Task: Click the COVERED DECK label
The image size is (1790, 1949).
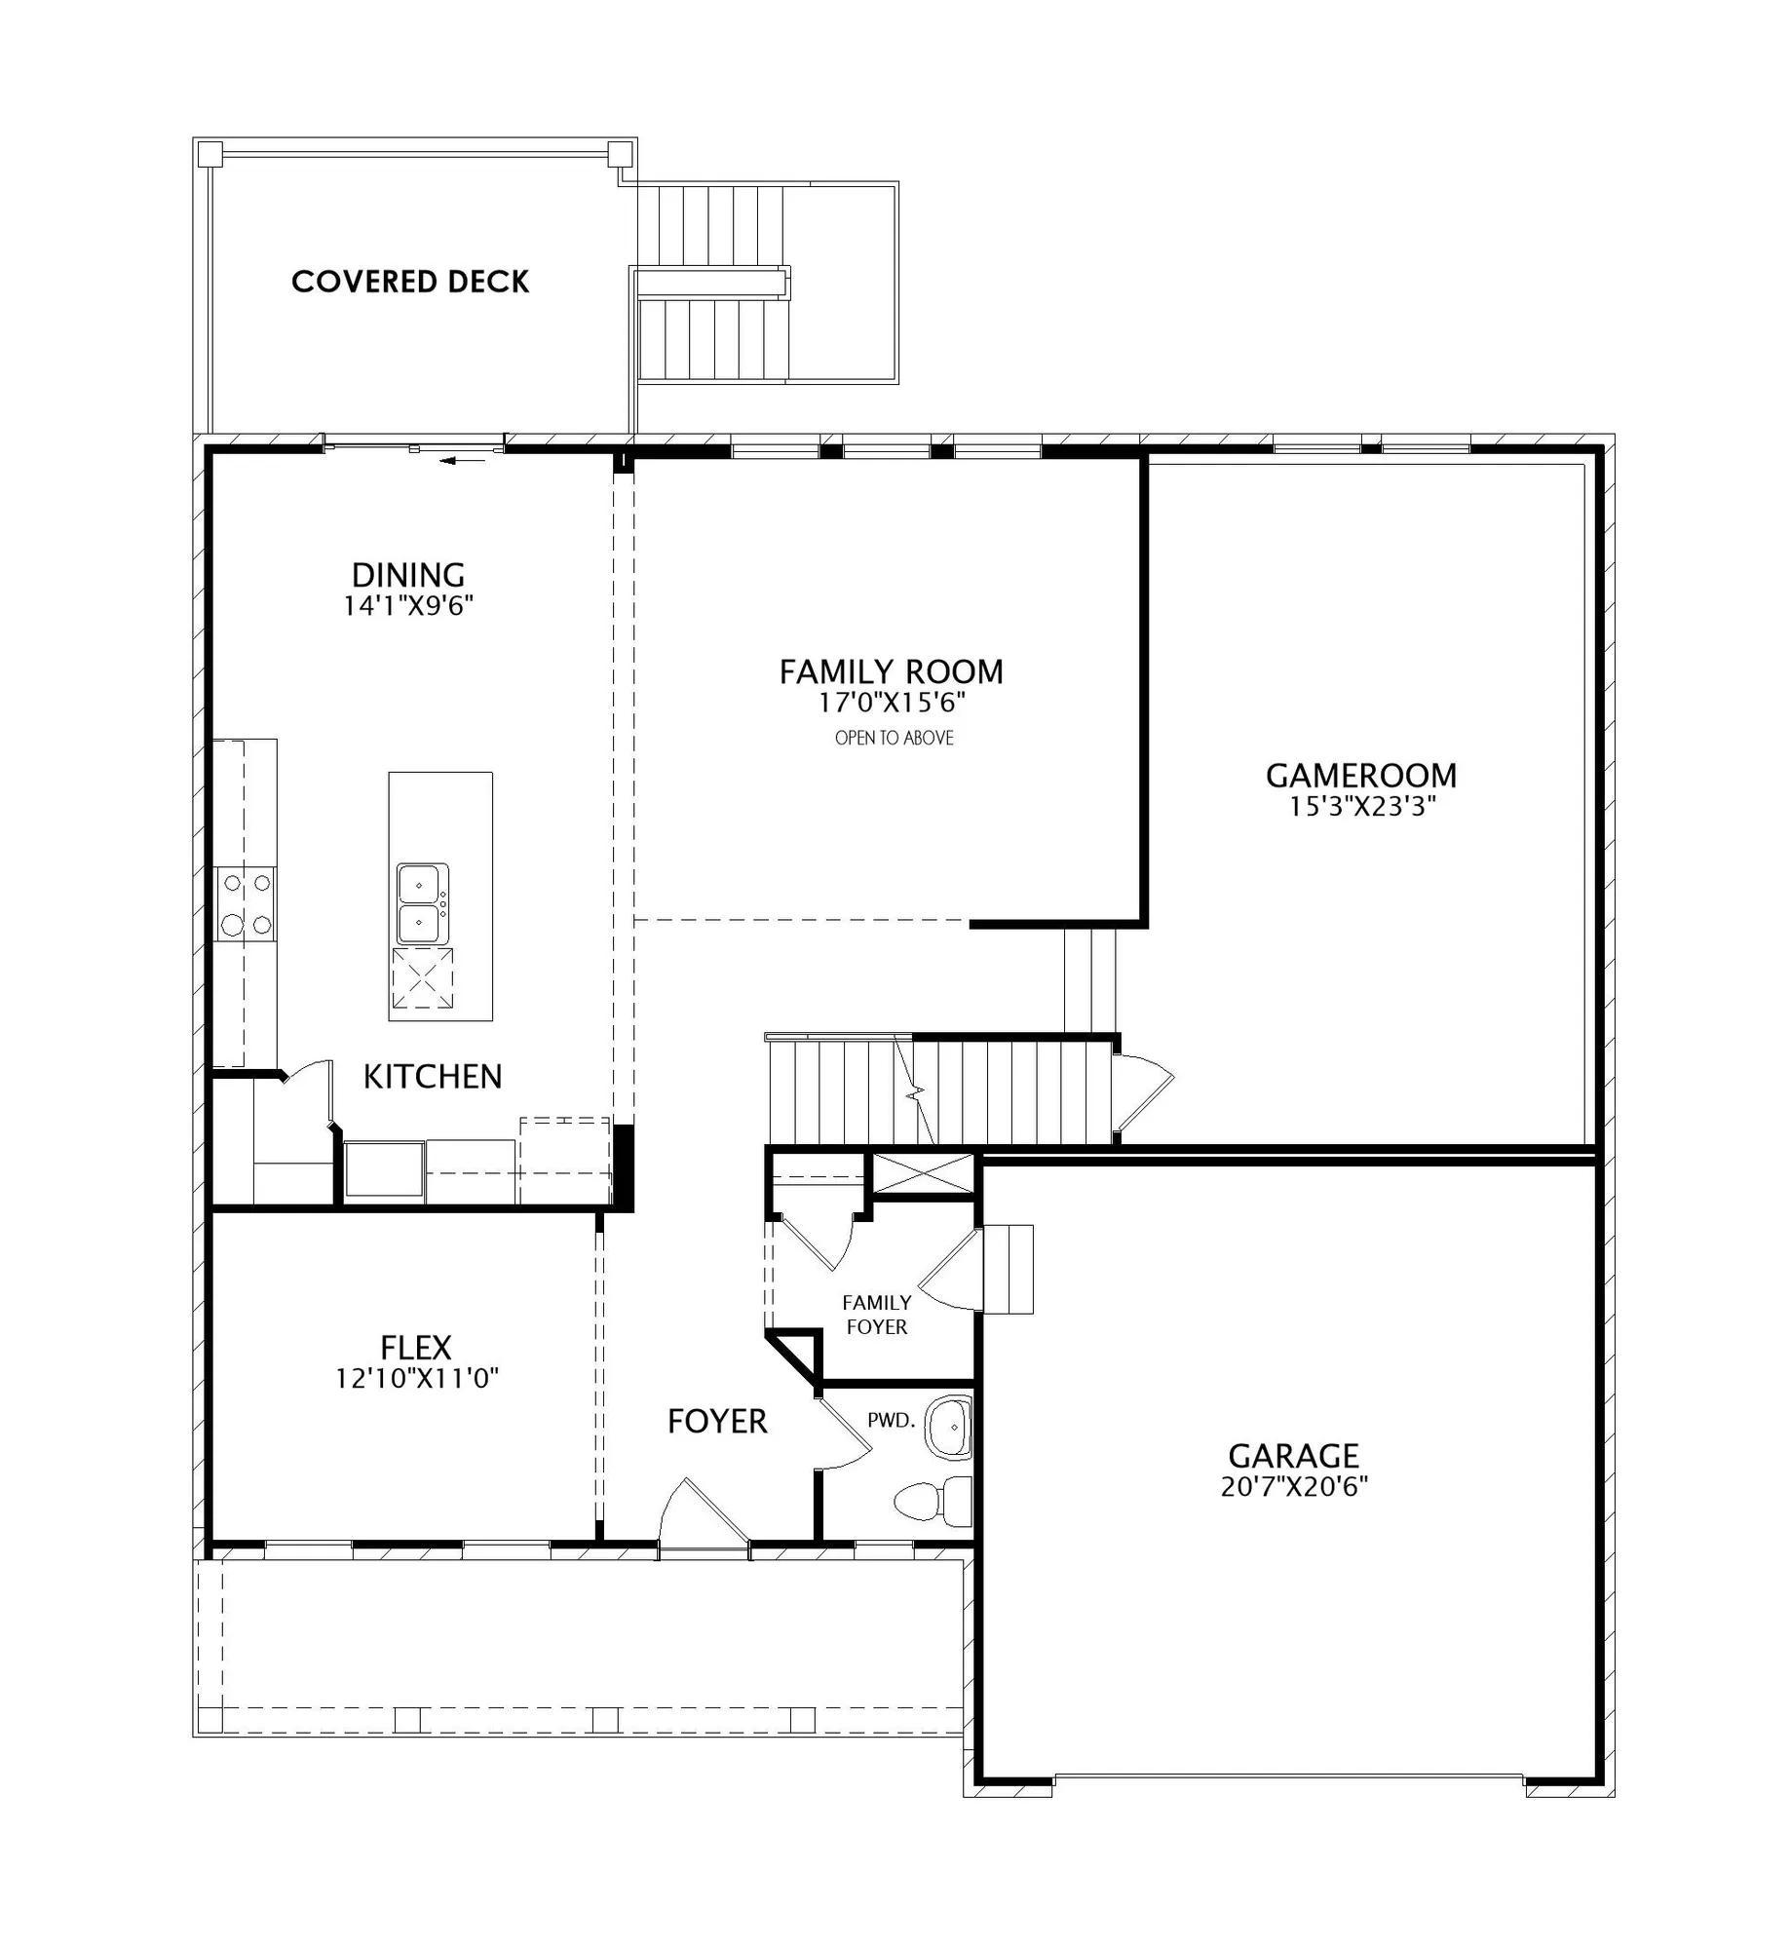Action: tap(410, 282)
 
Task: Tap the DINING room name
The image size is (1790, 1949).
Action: tap(408, 574)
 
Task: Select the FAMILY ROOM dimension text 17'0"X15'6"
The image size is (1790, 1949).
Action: tap(892, 702)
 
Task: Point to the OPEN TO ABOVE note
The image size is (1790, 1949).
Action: tap(894, 738)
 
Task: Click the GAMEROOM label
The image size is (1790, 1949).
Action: tap(1361, 776)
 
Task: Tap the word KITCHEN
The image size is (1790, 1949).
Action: tap(433, 1077)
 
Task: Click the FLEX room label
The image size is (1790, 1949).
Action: tap(416, 1348)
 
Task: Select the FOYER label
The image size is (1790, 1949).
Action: tap(717, 1422)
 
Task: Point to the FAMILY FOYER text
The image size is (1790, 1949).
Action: tap(876, 1315)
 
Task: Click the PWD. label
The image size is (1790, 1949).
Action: tap(892, 1420)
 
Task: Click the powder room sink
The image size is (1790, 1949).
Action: tap(949, 1427)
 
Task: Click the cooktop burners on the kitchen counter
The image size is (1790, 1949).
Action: tap(246, 903)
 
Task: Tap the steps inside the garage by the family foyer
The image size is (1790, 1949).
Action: tap(1008, 1269)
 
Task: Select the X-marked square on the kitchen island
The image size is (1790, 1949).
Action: tap(423, 979)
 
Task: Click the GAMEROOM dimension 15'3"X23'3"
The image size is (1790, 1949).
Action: tap(1363, 807)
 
